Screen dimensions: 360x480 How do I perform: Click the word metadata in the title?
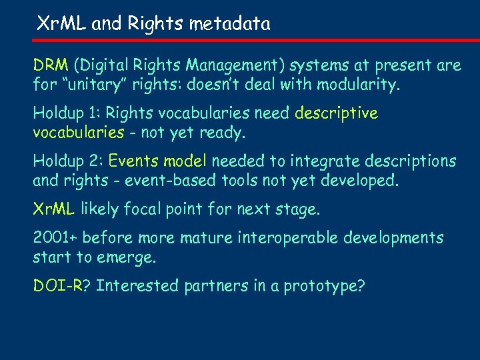tap(229, 25)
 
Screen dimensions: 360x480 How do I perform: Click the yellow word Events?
tap(134, 161)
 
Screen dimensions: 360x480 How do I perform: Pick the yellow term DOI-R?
tap(58, 286)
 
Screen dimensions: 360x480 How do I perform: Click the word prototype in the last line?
tap(324, 287)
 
